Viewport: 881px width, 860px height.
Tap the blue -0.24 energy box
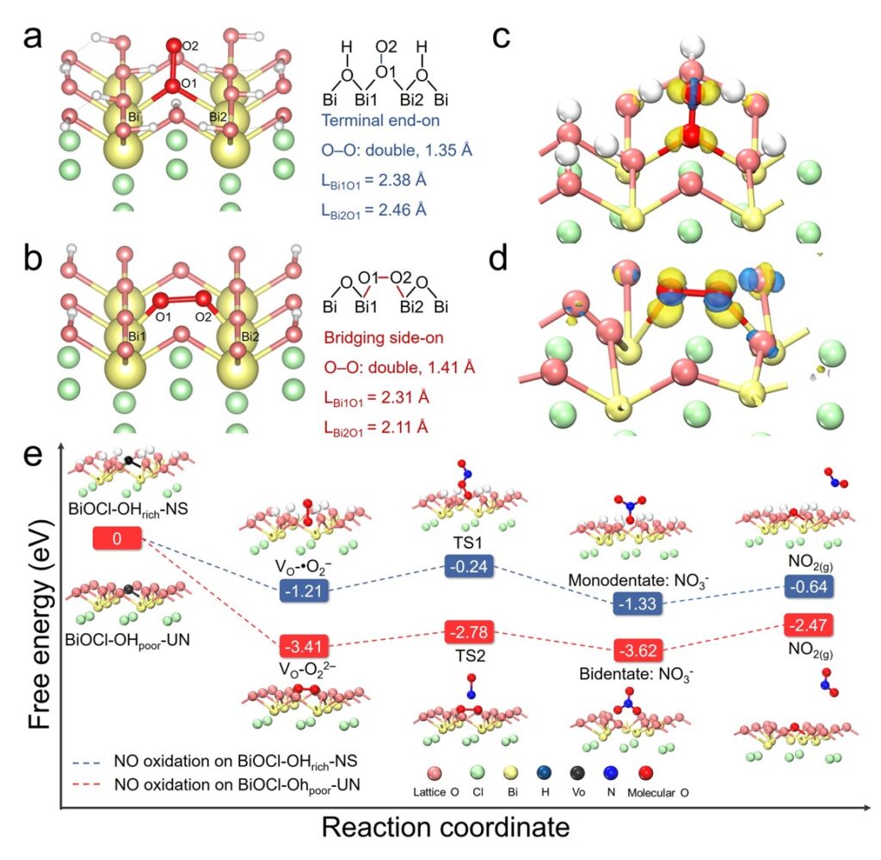(x=468, y=566)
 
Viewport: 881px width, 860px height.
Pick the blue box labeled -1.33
(x=637, y=604)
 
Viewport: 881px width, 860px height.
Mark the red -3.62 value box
(x=637, y=648)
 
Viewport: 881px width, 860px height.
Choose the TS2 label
(x=467, y=654)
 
